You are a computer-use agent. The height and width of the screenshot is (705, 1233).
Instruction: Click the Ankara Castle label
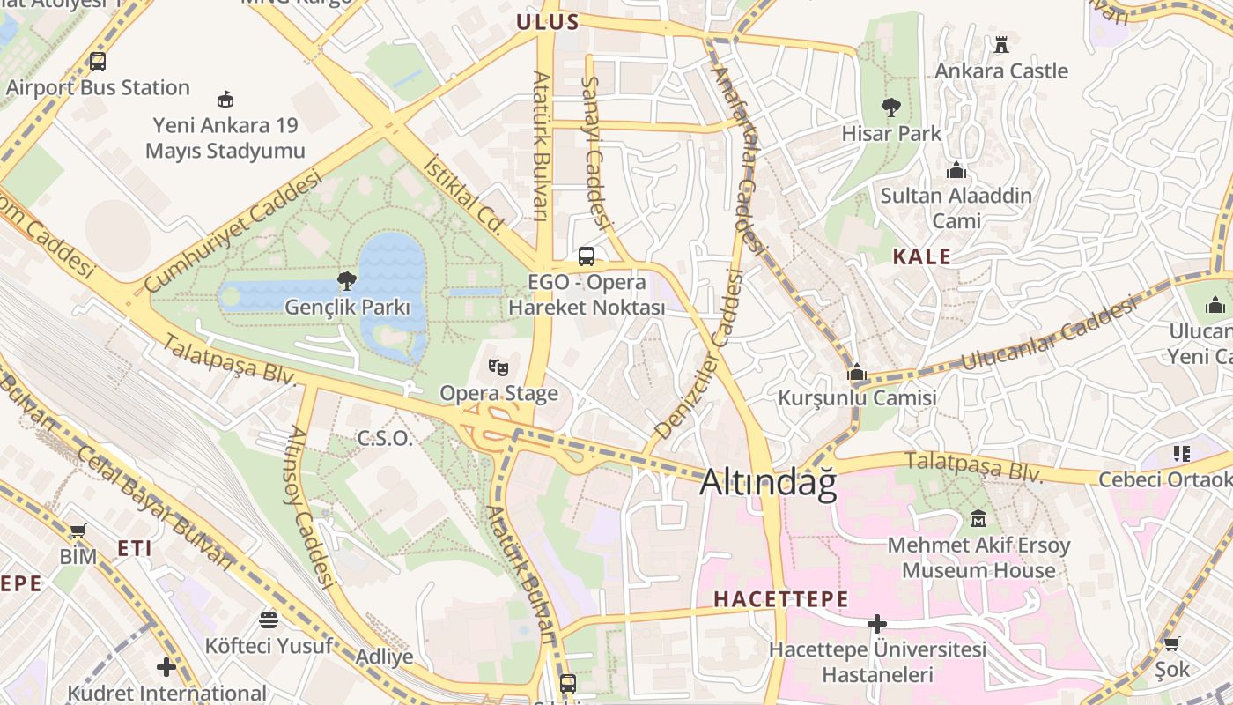[x=1001, y=70]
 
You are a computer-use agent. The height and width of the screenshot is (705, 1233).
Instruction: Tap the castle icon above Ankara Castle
[x=1001, y=44]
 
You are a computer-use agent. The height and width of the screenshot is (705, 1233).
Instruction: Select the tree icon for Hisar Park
[x=891, y=108]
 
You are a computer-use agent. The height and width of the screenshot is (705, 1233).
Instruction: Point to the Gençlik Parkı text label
[x=348, y=308]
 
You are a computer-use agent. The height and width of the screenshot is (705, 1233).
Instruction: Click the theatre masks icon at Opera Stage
[x=498, y=366]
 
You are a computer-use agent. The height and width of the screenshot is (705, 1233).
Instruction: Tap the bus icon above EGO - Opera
[x=587, y=256]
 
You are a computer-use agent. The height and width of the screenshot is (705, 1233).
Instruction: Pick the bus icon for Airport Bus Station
[x=98, y=62]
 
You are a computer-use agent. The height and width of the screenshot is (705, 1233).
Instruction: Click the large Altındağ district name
[x=767, y=483]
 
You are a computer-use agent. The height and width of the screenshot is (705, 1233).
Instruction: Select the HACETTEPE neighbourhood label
[x=781, y=599]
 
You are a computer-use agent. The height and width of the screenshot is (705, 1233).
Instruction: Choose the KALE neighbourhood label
[x=922, y=257]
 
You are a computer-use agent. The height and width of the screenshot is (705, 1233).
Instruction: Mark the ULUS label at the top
[x=547, y=23]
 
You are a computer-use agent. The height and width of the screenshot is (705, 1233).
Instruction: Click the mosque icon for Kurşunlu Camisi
[x=857, y=372]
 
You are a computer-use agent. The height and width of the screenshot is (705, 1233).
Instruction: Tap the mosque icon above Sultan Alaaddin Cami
[x=956, y=169]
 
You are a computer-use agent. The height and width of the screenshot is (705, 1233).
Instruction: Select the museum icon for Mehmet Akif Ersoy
[x=978, y=519]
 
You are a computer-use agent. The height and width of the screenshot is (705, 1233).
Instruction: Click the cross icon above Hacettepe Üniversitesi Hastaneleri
[x=877, y=624]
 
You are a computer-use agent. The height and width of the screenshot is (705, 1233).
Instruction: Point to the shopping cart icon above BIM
[x=78, y=531]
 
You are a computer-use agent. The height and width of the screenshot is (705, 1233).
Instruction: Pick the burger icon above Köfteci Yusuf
[x=269, y=620]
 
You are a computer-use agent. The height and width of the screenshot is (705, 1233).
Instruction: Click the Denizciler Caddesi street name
[x=698, y=352]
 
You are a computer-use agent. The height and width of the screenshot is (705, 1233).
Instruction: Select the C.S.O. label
[x=385, y=438]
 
